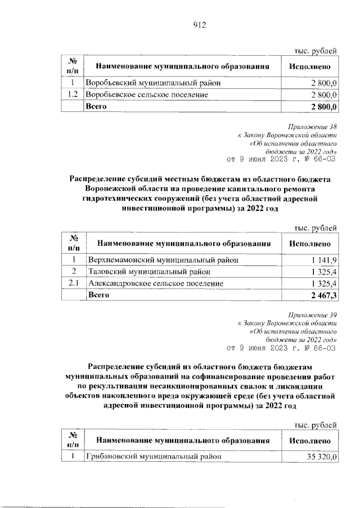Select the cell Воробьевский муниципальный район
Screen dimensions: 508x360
[x=152, y=83]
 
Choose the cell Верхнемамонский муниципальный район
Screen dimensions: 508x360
[x=162, y=260]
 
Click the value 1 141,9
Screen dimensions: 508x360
[x=323, y=260]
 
